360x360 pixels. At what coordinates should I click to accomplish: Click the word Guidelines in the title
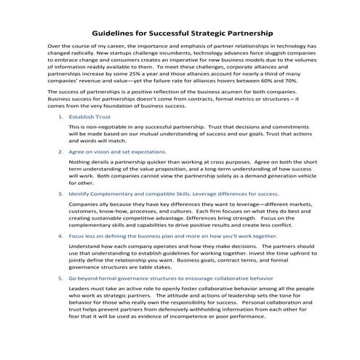coord(117,33)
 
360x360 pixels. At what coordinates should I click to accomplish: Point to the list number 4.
coord(60,236)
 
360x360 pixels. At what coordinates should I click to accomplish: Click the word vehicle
coord(303,175)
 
